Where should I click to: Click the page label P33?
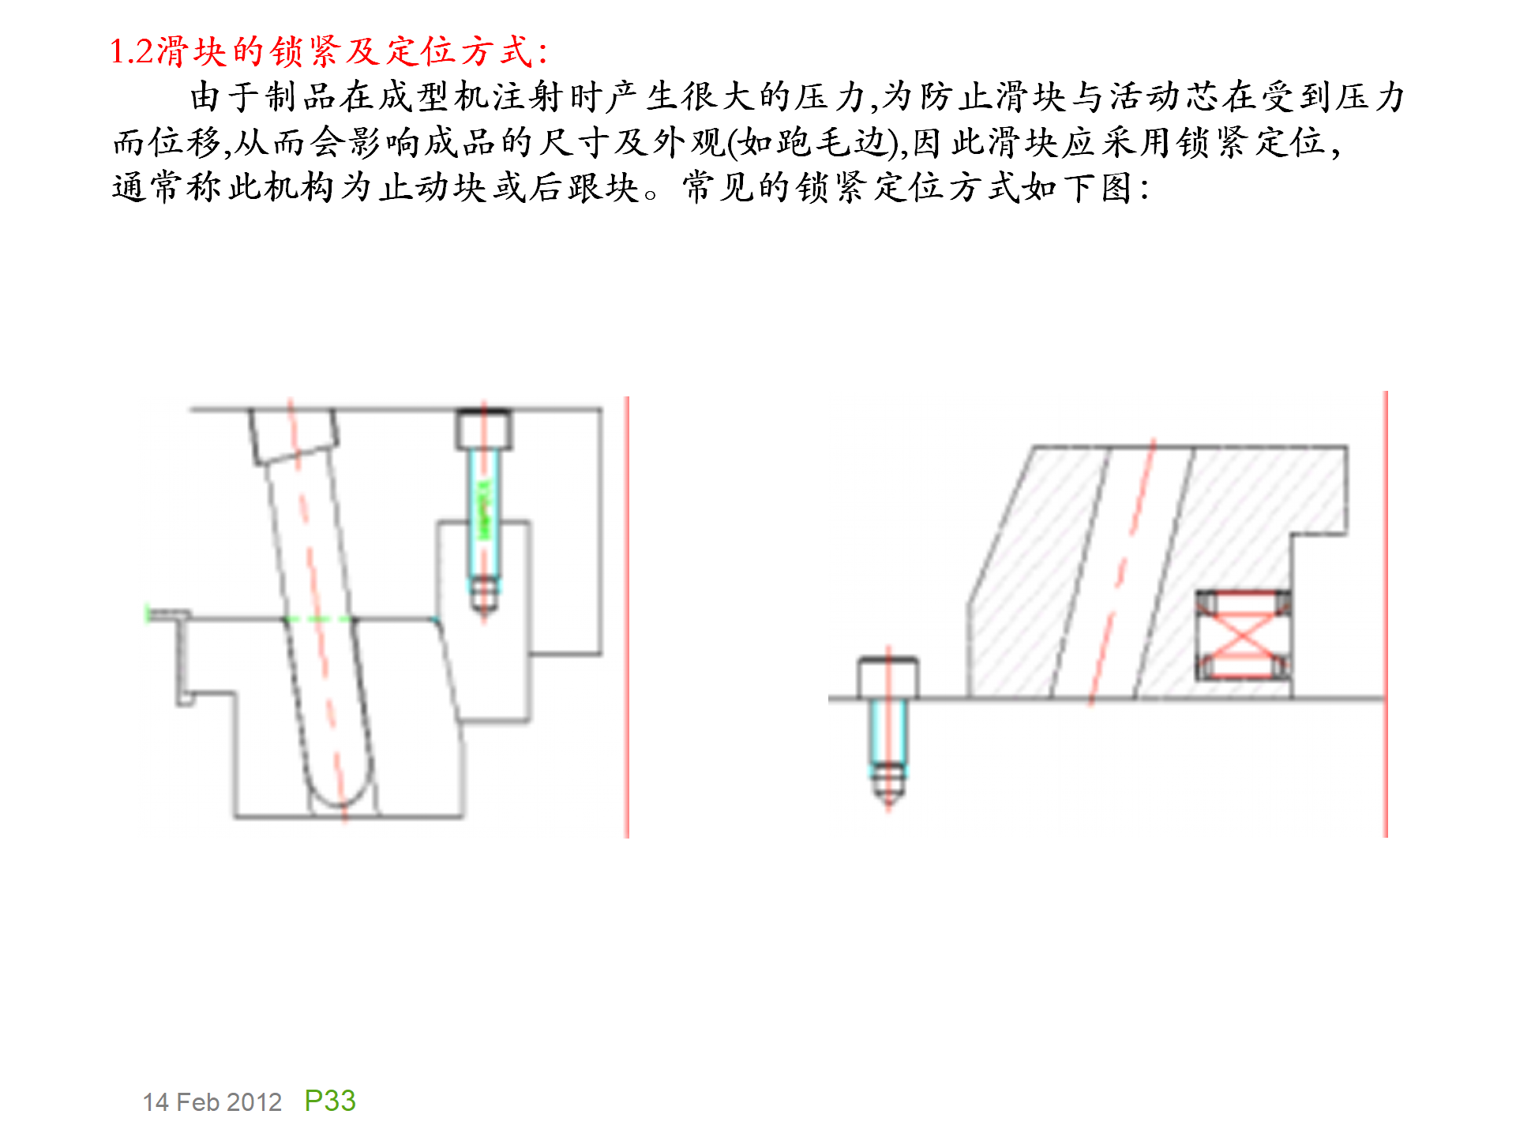[330, 1101]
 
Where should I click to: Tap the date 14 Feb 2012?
[212, 1102]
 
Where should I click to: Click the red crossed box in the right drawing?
[1243, 636]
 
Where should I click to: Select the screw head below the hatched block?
[887, 677]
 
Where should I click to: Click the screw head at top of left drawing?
[483, 429]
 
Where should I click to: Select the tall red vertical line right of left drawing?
[627, 616]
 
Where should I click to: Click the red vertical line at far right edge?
[1385, 616]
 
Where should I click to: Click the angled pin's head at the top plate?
[294, 434]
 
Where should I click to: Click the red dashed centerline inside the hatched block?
[1121, 568]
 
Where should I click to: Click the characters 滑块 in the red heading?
[192, 52]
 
